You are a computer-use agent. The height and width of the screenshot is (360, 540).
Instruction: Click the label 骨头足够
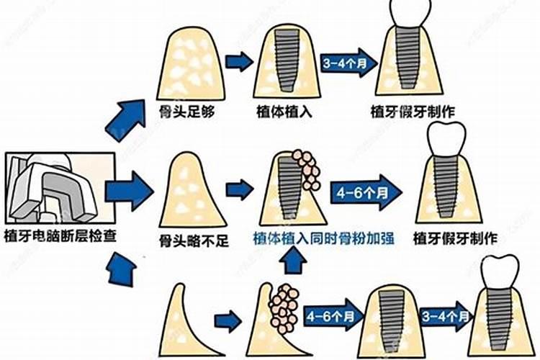pyautogui.click(x=187, y=112)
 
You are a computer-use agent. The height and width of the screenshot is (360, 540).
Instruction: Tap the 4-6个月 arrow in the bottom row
pyautogui.click(x=330, y=316)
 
